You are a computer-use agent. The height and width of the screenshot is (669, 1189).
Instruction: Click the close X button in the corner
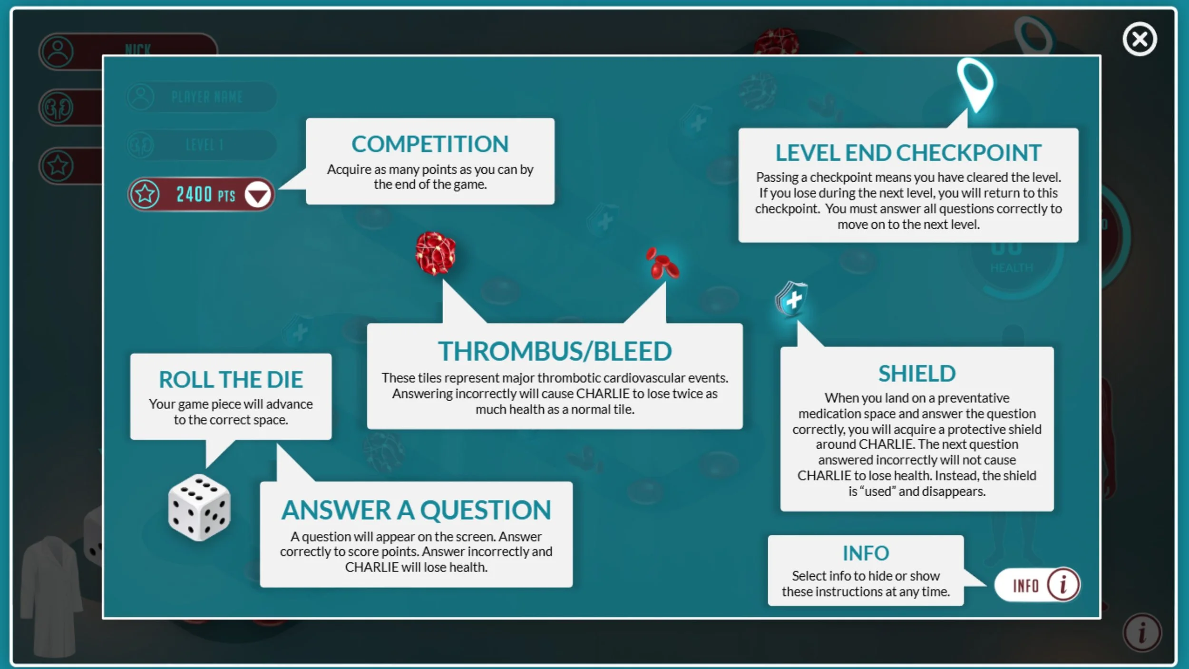(1140, 39)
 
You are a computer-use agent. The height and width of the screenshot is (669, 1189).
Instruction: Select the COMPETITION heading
(430, 144)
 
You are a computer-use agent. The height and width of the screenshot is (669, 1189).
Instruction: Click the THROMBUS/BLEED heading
(555, 351)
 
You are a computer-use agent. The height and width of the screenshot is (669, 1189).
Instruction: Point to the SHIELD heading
(916, 374)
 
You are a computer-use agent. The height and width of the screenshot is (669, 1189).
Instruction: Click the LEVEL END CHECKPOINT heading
(908, 153)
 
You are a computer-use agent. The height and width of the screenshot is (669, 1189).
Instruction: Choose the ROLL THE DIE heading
(231, 380)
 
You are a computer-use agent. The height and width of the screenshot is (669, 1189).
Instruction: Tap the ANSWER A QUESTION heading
(416, 510)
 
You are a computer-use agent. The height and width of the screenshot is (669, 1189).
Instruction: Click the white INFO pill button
(1037, 585)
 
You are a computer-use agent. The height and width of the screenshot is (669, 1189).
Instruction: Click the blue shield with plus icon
(792, 299)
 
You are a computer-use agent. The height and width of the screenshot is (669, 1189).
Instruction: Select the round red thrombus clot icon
(435, 253)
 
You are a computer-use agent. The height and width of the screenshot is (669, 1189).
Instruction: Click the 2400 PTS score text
(205, 195)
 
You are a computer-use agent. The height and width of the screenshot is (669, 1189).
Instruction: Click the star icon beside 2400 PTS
(145, 194)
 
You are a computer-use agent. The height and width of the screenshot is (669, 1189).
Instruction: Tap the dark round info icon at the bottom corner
(1142, 633)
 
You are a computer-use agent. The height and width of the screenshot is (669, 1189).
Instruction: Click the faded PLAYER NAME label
(207, 97)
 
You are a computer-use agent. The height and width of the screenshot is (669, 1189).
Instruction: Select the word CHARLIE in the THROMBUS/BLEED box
(603, 394)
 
